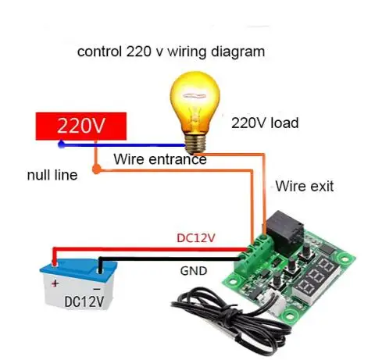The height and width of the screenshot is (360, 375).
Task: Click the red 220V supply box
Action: [81, 127]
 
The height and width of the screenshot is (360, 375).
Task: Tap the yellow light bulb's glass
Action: [195, 102]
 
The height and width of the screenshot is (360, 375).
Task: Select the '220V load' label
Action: [265, 123]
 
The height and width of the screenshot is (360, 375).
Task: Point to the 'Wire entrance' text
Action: [160, 159]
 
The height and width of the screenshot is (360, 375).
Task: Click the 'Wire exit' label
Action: [305, 187]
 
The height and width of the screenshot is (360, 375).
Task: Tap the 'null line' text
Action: [52, 175]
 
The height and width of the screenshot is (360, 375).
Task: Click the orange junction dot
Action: [96, 169]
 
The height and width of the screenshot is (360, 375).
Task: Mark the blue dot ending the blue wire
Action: [62, 144]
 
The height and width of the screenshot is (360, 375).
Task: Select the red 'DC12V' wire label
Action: [196, 238]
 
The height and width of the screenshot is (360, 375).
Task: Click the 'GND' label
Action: [194, 271]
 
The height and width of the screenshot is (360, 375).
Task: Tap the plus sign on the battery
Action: [55, 283]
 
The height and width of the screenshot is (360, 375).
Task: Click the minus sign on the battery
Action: [97, 289]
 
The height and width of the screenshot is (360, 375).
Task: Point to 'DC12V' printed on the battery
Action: [84, 301]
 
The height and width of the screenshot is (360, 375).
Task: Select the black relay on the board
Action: [284, 232]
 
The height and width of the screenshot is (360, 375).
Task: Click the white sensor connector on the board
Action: [275, 300]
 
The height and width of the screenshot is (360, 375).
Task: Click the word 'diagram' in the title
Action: [237, 52]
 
